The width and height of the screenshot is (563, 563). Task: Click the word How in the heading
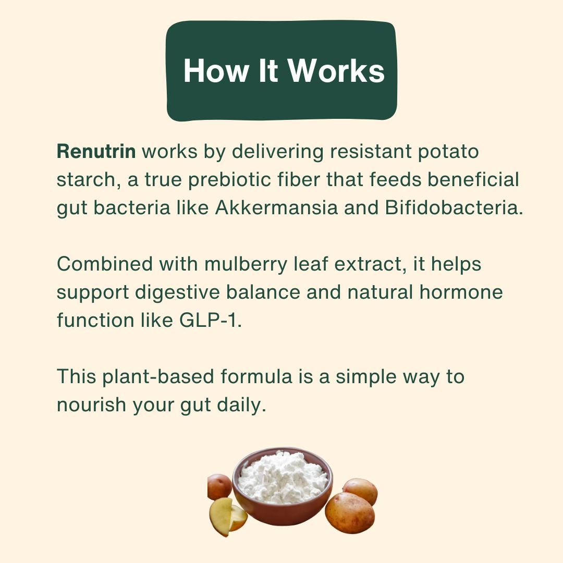click(x=215, y=70)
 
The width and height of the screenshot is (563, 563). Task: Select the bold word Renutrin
click(x=96, y=152)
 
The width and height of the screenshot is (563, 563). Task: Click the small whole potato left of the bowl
click(x=218, y=486)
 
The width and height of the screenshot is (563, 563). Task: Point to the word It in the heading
click(x=268, y=70)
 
